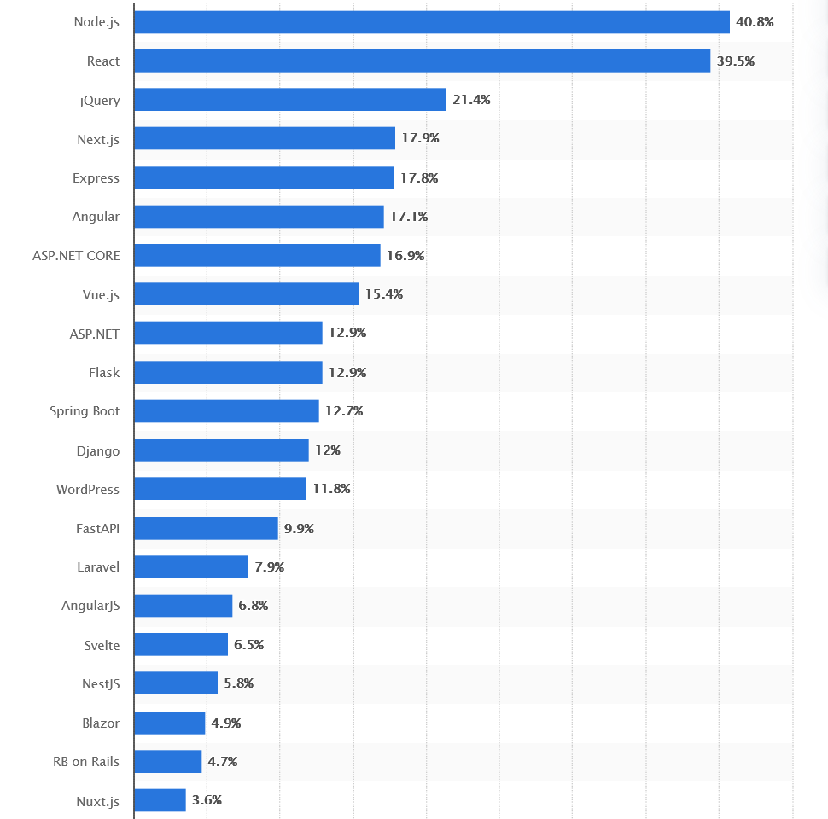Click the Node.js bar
click(432, 22)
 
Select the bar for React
click(422, 61)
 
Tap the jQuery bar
click(290, 100)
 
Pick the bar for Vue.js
click(246, 294)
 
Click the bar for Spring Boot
click(226, 411)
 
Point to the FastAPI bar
click(206, 528)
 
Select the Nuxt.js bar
click(160, 800)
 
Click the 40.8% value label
click(755, 22)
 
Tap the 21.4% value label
click(471, 100)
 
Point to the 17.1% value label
click(409, 217)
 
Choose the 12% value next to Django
click(328, 450)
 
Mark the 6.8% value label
click(254, 606)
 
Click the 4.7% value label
click(223, 761)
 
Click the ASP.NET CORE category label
click(76, 256)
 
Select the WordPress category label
click(88, 490)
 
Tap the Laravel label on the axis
click(97, 567)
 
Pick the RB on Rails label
click(86, 762)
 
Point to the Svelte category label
click(102, 645)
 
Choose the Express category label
click(96, 178)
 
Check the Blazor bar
click(170, 723)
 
